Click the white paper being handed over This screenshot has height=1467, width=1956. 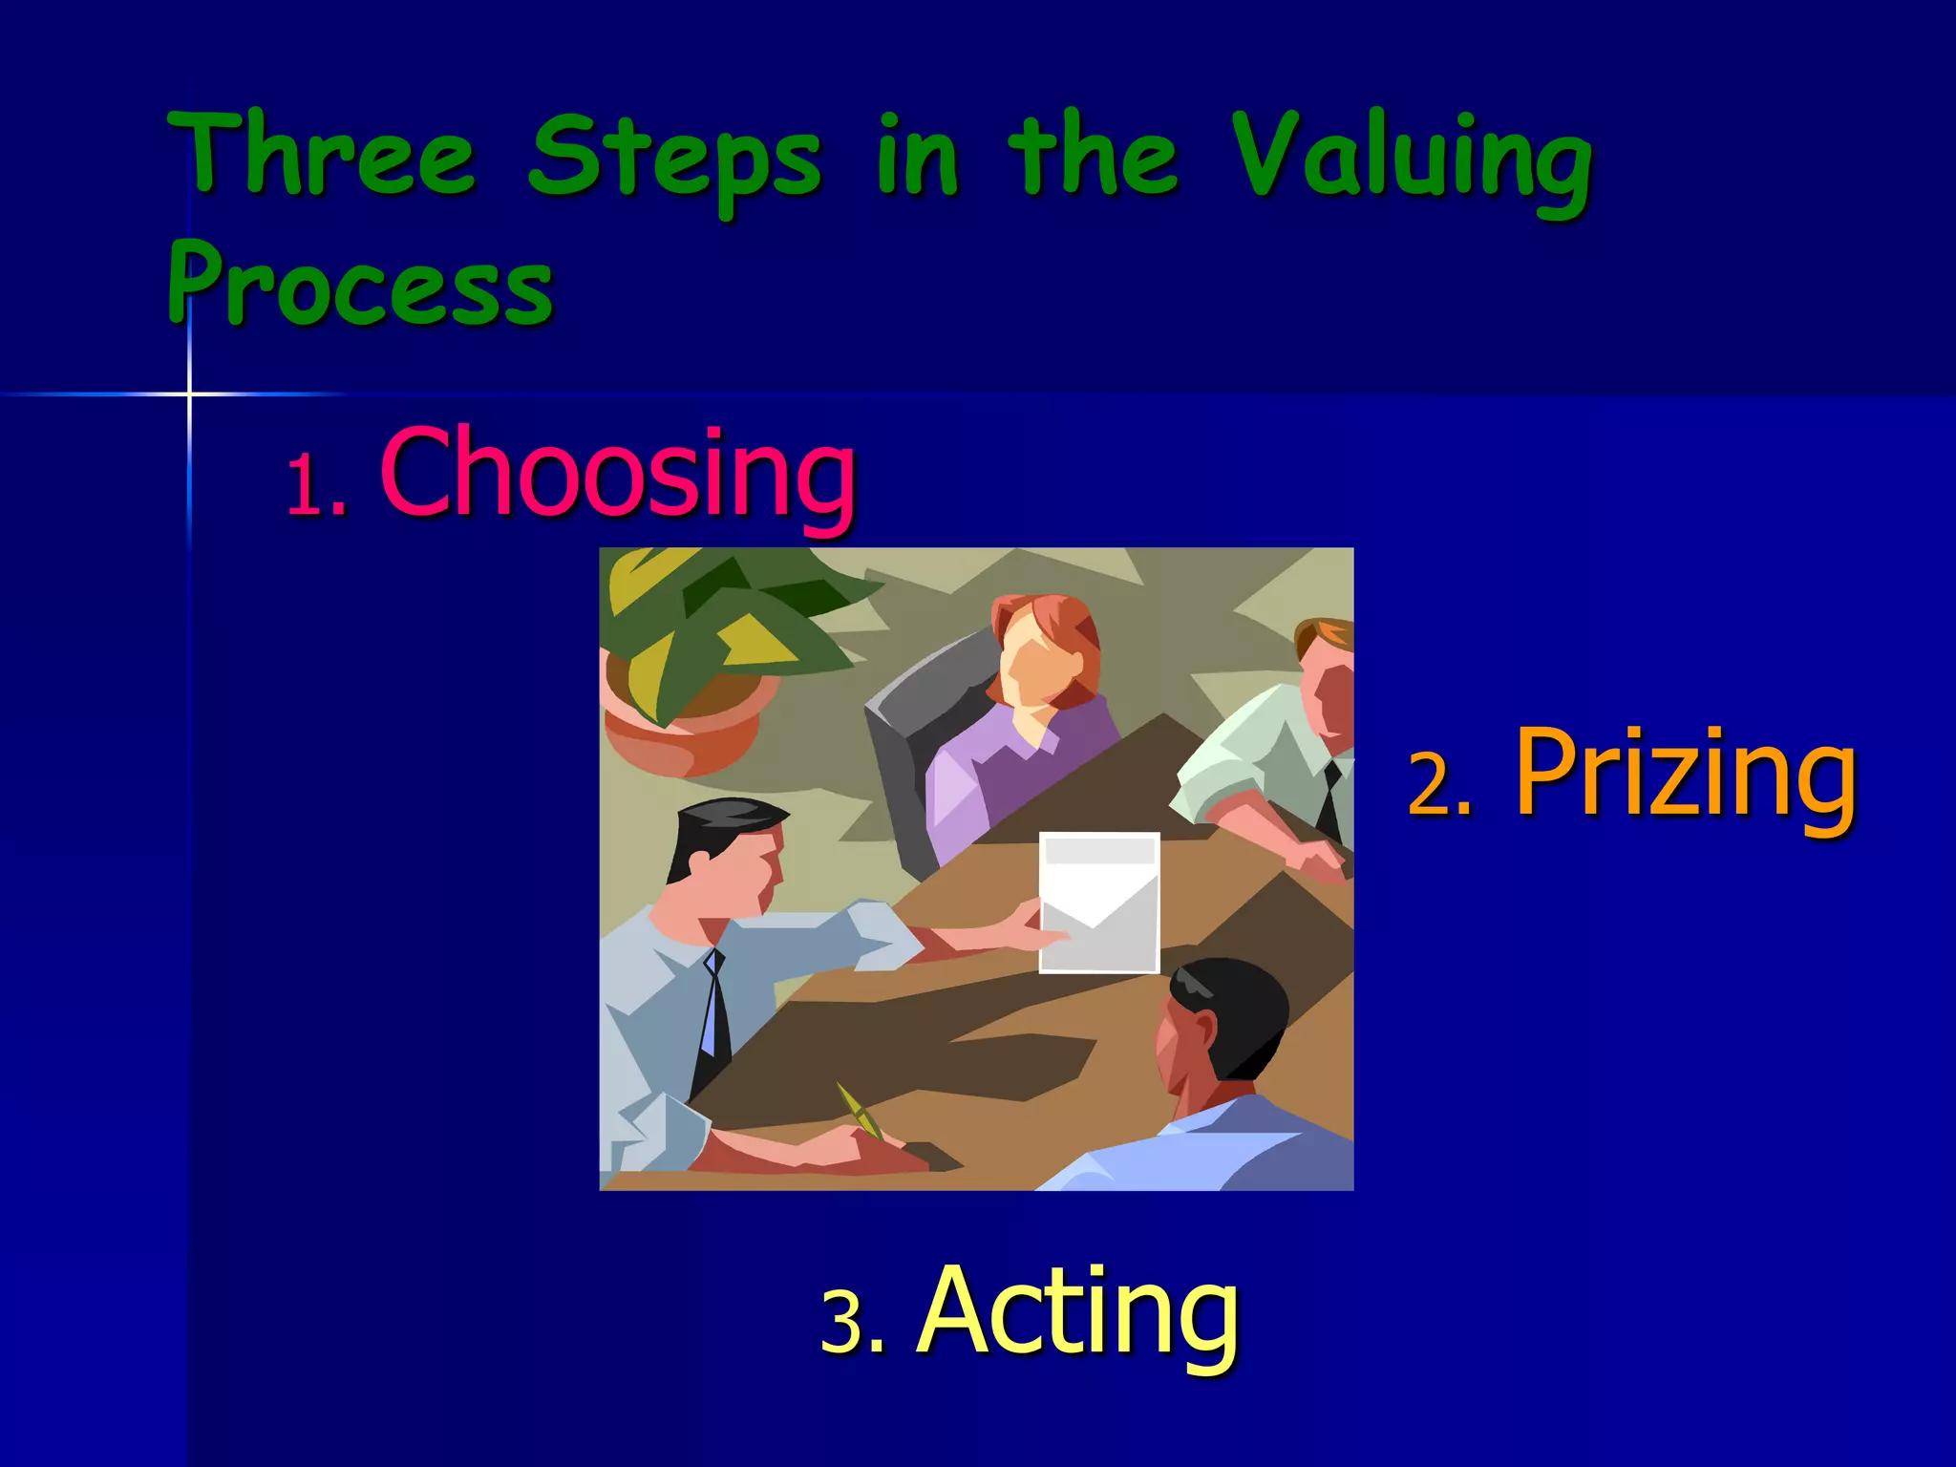[x=1098, y=903]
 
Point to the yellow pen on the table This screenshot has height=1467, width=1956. [x=860, y=1111]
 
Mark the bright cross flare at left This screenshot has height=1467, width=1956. [x=189, y=393]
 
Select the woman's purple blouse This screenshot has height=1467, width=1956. [x=1012, y=764]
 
